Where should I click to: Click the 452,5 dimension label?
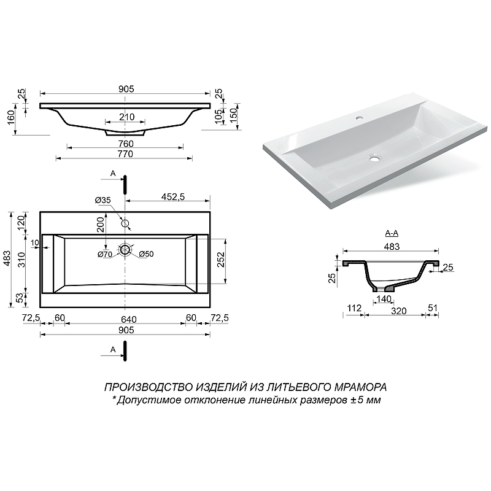point(173,196)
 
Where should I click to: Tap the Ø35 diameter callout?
point(103,200)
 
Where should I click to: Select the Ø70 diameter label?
point(104,255)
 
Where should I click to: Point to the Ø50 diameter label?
point(146,254)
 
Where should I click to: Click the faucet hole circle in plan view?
point(125,223)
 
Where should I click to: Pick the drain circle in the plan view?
point(125,250)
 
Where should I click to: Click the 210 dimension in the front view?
point(127,117)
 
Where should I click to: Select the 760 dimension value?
point(126,144)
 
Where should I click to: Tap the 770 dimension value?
point(125,154)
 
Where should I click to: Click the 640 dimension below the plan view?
point(129,319)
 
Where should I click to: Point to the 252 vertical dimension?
point(221,259)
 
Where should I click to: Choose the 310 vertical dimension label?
point(21,260)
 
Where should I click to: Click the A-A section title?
point(392,233)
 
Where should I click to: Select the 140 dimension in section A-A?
point(384,299)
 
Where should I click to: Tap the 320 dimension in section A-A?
point(398,311)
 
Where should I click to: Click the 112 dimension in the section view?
point(354,308)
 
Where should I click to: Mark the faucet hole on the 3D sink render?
point(360,118)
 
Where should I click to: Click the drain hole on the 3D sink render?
point(374,159)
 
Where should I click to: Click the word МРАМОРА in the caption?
point(361,387)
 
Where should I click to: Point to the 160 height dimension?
point(11,117)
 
